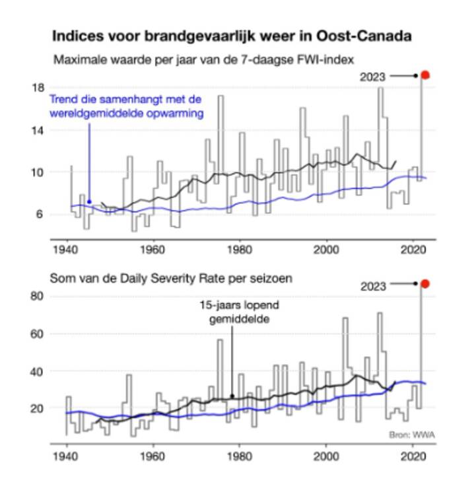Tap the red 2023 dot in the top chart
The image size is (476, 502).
(x=426, y=75)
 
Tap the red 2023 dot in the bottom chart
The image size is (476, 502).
(x=426, y=284)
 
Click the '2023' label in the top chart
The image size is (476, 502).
(x=372, y=77)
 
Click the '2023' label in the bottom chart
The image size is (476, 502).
(x=373, y=286)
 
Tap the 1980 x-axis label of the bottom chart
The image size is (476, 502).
(x=240, y=456)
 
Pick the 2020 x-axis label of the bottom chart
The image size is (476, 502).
(x=413, y=456)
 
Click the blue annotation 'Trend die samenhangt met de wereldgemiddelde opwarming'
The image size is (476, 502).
(x=125, y=106)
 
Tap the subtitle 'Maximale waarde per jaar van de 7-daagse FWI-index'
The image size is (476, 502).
(x=203, y=59)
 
